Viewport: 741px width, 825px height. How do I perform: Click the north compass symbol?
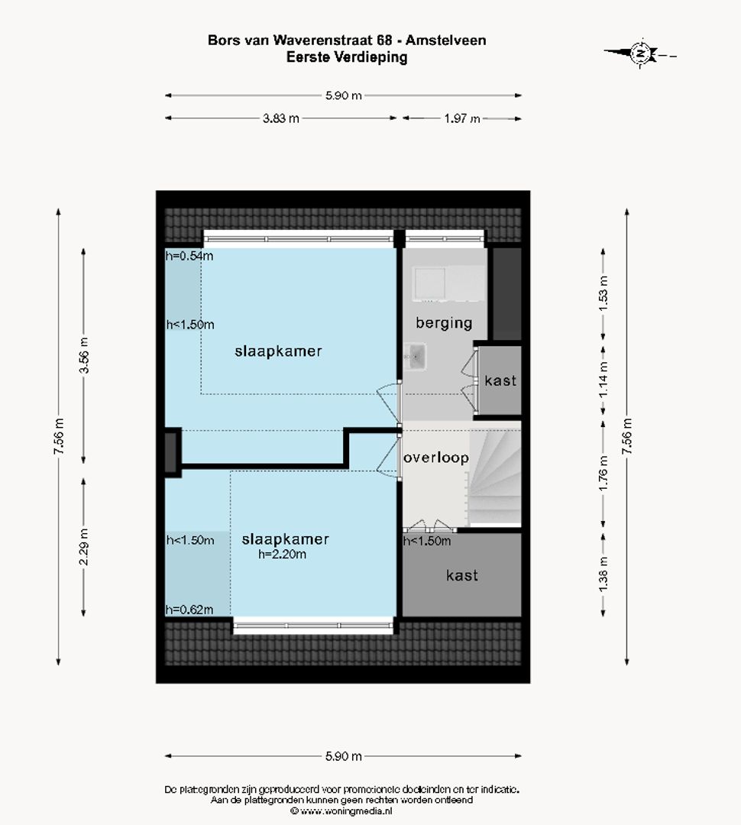pos(641,53)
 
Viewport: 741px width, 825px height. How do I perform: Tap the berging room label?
pos(444,322)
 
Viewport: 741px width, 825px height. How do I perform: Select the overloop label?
pos(435,458)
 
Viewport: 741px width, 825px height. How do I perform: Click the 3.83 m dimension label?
pos(281,118)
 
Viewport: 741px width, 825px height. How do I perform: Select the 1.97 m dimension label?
pos(462,118)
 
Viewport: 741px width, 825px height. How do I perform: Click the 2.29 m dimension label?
pos(84,547)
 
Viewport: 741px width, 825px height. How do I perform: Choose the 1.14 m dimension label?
pos(603,380)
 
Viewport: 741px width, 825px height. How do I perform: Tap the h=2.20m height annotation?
pos(282,555)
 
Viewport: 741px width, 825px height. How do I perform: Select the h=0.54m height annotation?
pos(189,256)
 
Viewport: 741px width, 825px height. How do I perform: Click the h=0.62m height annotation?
pos(189,609)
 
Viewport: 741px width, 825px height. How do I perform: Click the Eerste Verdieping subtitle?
pos(346,57)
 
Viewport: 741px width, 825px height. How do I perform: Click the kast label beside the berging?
pos(500,380)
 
